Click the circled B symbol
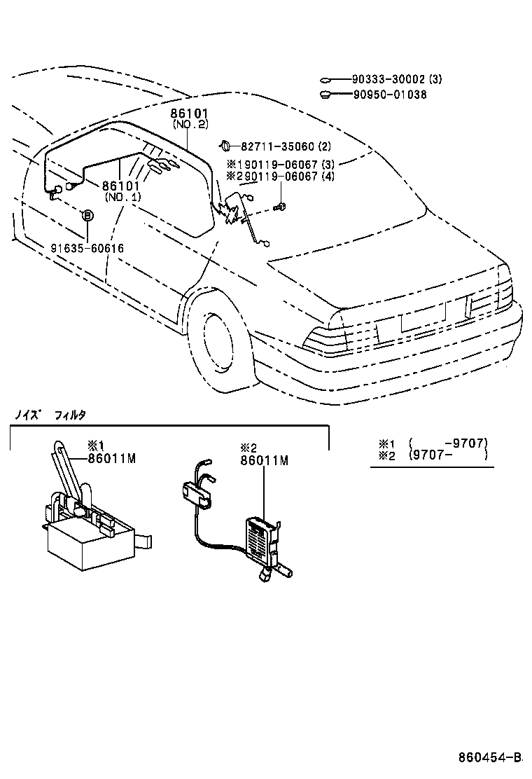pyautogui.click(x=87, y=216)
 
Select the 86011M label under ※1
pyautogui.click(x=111, y=459)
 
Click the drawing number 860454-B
pyautogui.click(x=490, y=757)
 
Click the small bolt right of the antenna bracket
pyautogui.click(x=281, y=205)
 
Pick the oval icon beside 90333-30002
pyautogui.click(x=327, y=81)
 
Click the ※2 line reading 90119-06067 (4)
pyautogui.click(x=281, y=177)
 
